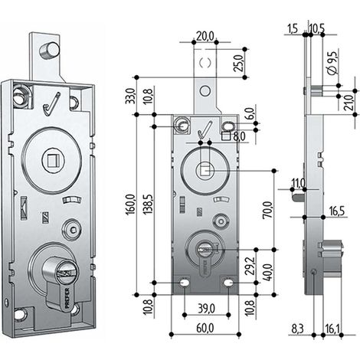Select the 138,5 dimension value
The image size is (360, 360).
tap(148, 205)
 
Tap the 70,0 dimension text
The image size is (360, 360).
tap(267, 210)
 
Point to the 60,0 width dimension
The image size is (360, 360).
tap(205, 329)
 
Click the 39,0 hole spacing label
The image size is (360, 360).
tap(206, 309)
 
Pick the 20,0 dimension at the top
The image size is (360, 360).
tap(205, 36)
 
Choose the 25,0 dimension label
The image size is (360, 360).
tap(239, 63)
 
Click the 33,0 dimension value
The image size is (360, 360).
tap(130, 96)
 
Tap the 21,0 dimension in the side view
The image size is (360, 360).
tap(349, 102)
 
